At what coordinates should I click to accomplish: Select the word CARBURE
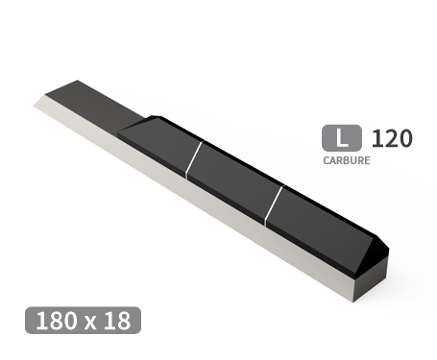pos(346,161)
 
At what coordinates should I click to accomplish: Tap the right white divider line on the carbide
pos(276,202)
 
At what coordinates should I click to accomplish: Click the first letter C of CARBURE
pos(326,161)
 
